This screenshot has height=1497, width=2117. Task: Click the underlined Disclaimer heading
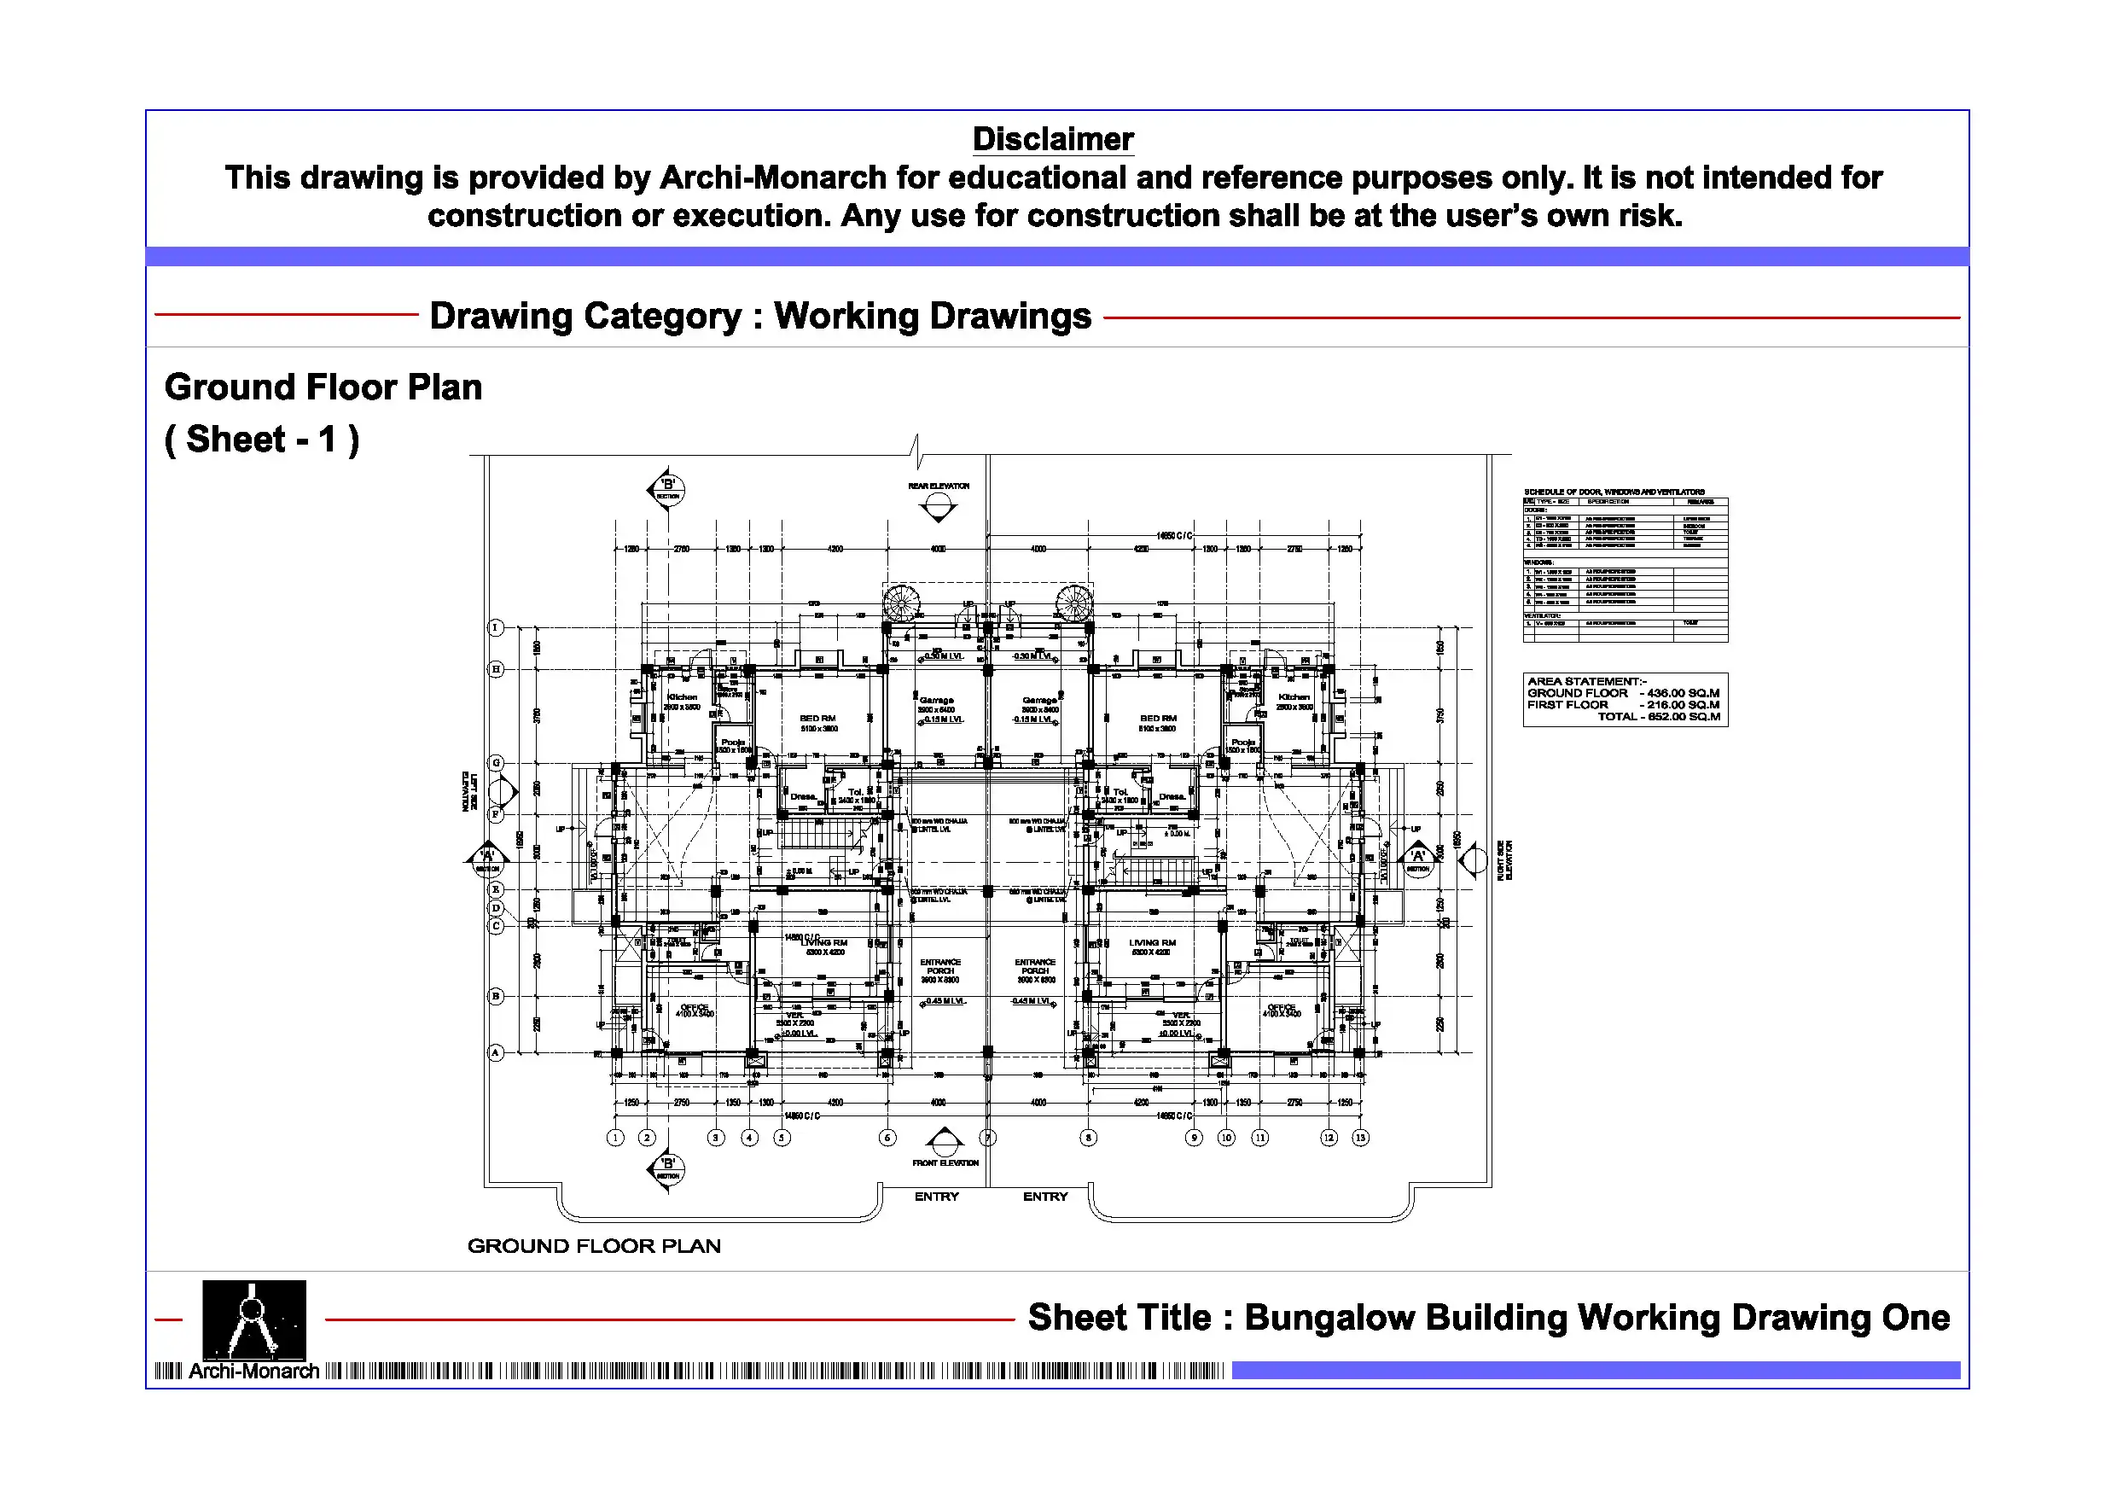[x=1052, y=139]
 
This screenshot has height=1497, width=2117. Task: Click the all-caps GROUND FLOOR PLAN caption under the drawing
[x=594, y=1246]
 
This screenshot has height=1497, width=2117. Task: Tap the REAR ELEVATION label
[x=939, y=486]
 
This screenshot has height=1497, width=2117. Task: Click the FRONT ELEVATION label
[x=945, y=1163]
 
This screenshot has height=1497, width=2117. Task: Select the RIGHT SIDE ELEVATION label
[x=1503, y=859]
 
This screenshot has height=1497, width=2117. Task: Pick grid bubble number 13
[x=1360, y=1138]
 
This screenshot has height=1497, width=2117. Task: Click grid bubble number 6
[x=887, y=1138]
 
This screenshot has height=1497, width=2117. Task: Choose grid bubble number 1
[x=616, y=1138]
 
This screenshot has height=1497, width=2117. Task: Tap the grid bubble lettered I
[x=496, y=628]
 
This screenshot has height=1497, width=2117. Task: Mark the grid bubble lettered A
[x=496, y=1052]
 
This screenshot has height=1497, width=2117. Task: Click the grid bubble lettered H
[x=496, y=669]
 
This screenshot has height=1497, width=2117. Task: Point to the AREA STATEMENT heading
[x=1587, y=682]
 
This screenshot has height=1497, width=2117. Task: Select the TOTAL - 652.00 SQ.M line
[x=1659, y=717]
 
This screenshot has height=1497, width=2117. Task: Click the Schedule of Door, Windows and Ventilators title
[x=1614, y=492]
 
